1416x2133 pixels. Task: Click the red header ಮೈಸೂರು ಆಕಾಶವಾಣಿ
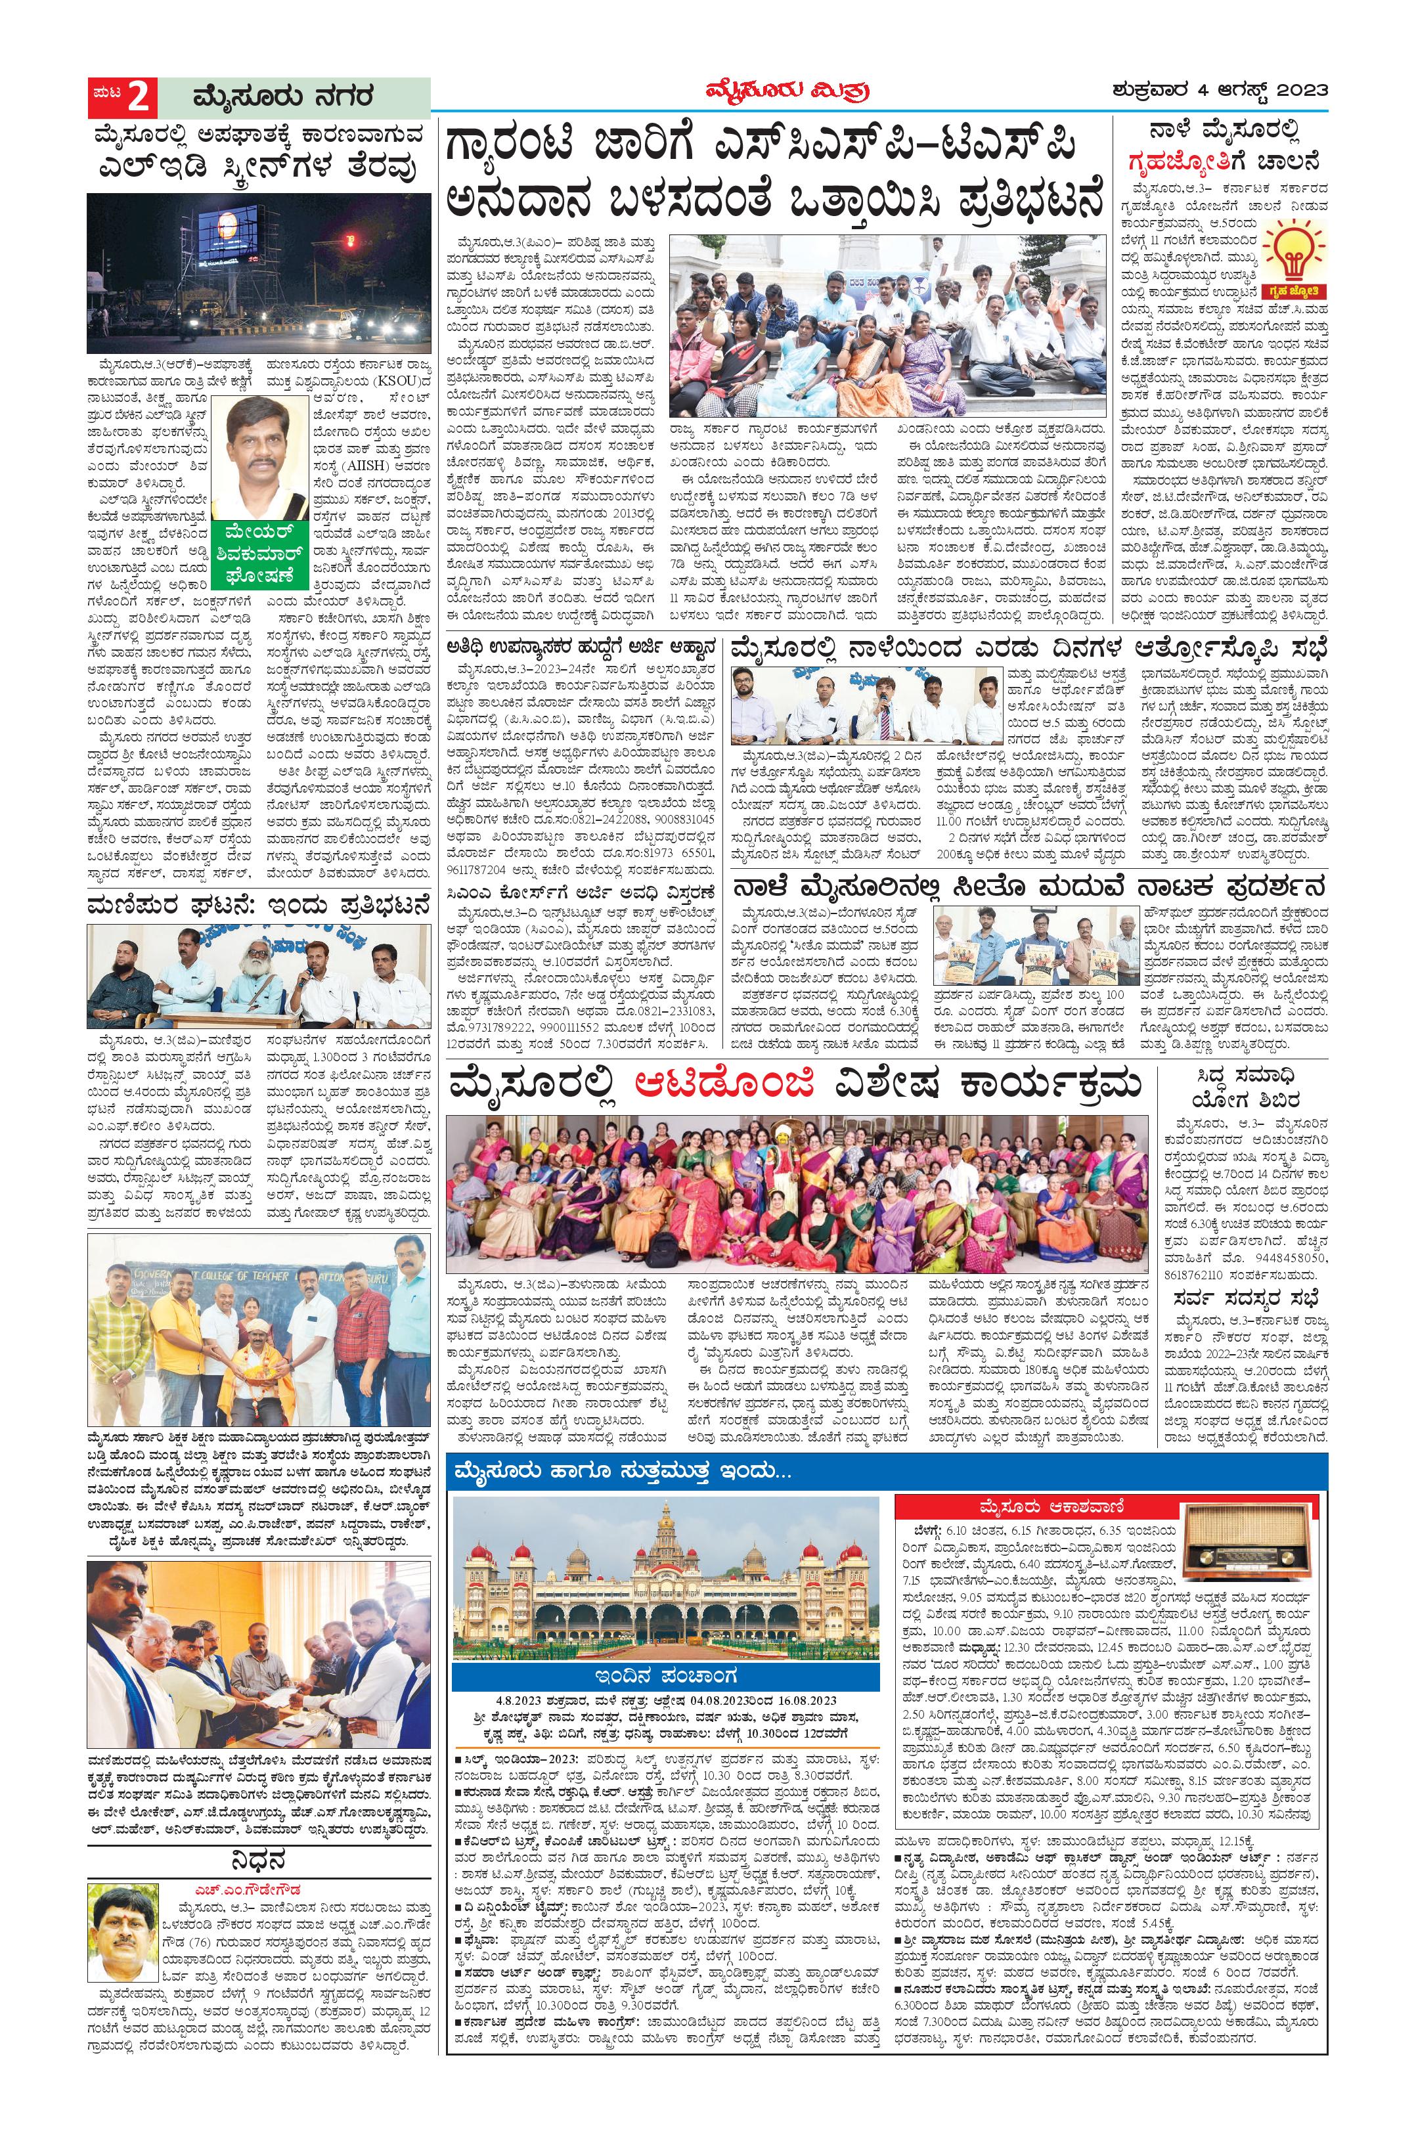pos(1111,1507)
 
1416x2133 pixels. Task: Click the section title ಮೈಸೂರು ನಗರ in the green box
pos(282,96)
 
